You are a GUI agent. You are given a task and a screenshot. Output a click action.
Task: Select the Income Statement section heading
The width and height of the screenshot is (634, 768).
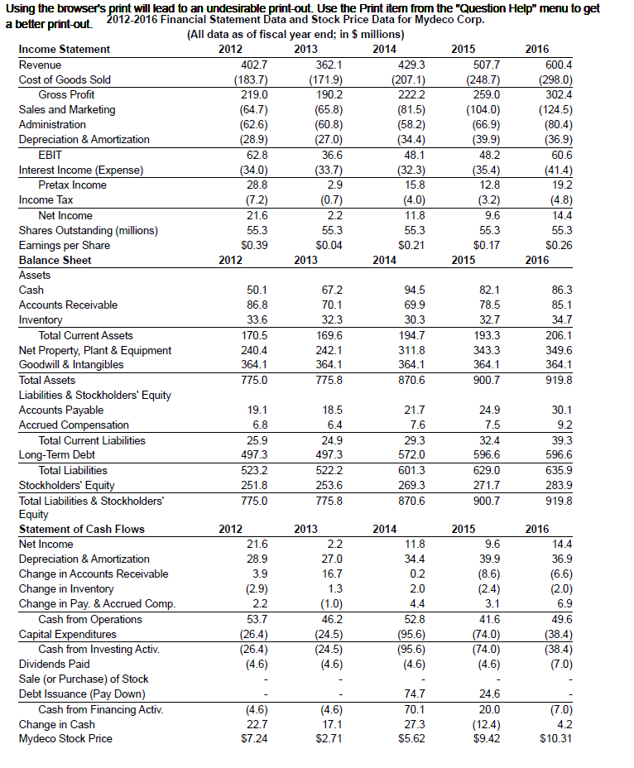tap(64, 50)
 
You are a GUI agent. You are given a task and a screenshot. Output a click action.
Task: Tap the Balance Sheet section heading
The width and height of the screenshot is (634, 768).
tap(55, 260)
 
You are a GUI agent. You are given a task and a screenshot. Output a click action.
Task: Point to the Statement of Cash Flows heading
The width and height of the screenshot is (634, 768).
tap(81, 529)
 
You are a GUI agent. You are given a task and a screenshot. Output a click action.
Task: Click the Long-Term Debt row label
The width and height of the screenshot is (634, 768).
tap(56, 454)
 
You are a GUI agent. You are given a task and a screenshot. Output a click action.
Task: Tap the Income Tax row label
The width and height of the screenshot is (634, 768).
tap(46, 200)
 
